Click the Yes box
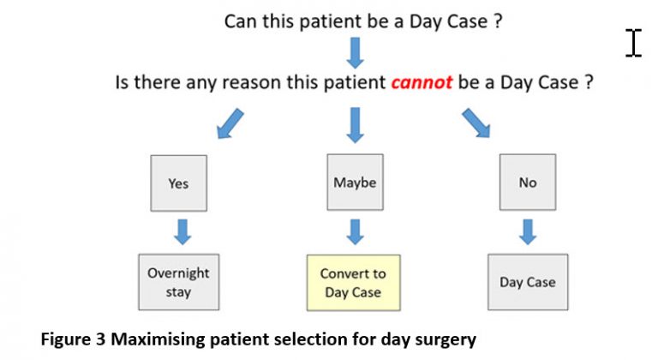[x=178, y=183]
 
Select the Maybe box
[x=355, y=183]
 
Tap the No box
[x=528, y=183]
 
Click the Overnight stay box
[x=178, y=282]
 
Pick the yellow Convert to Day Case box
[x=353, y=283]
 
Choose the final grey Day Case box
[x=528, y=282]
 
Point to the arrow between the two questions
[x=356, y=51]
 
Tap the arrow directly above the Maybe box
[x=356, y=124]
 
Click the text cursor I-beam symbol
[x=633, y=42]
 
